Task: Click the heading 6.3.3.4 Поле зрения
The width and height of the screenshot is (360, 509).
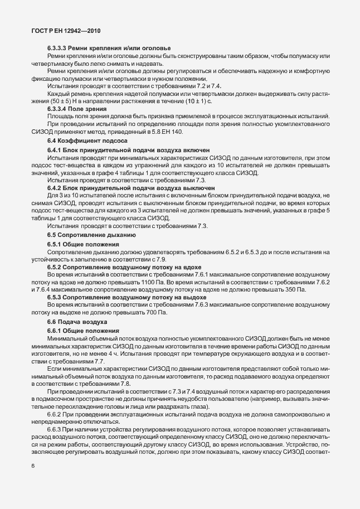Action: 81,109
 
